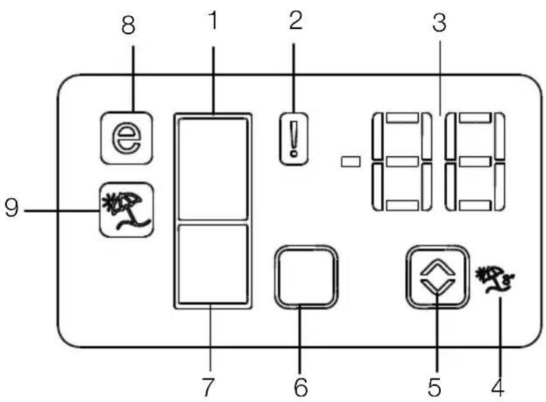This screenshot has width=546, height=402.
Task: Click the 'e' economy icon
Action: pyautogui.click(x=126, y=138)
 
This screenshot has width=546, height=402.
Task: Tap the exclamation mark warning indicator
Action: pyautogui.click(x=294, y=139)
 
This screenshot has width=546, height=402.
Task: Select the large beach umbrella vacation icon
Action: pyautogui.click(x=126, y=210)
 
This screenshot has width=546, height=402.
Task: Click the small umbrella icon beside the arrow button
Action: pyautogui.click(x=495, y=279)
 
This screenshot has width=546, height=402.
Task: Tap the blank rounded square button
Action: pyautogui.click(x=306, y=277)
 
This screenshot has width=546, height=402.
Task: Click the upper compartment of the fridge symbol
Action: pyautogui.click(x=213, y=169)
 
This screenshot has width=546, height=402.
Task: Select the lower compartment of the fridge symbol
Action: pyautogui.click(x=213, y=264)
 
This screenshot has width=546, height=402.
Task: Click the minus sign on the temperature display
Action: pyautogui.click(x=350, y=162)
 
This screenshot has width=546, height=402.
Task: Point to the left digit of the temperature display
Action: pyautogui.click(x=402, y=162)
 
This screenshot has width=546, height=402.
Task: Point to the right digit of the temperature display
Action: pyautogui.click(x=475, y=162)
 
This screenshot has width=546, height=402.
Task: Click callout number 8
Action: pyautogui.click(x=128, y=26)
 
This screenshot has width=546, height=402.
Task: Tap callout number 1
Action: pyautogui.click(x=214, y=20)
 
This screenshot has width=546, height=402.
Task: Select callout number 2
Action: pyautogui.click(x=296, y=20)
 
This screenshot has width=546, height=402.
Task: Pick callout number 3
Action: pyautogui.click(x=439, y=23)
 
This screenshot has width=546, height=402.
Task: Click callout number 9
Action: pyautogui.click(x=11, y=208)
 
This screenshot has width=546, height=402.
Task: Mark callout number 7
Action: pyautogui.click(x=208, y=387)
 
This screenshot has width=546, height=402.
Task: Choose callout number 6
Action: pyautogui.click(x=301, y=387)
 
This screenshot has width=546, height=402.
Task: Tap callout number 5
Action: pyautogui.click(x=434, y=387)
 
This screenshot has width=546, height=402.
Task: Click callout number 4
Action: pyautogui.click(x=497, y=387)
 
